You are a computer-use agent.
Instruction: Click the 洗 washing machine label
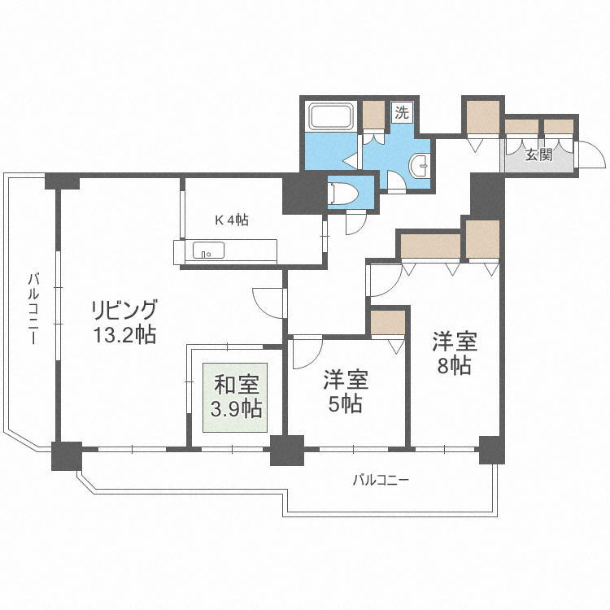point(402,112)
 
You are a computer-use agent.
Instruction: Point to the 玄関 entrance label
point(538,155)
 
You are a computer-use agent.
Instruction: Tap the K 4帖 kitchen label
point(232,220)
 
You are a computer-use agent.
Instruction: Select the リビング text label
point(123,310)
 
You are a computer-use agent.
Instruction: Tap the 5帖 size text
point(346,404)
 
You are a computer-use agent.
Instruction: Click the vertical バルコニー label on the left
point(33,309)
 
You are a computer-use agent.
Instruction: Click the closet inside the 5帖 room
point(387,322)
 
